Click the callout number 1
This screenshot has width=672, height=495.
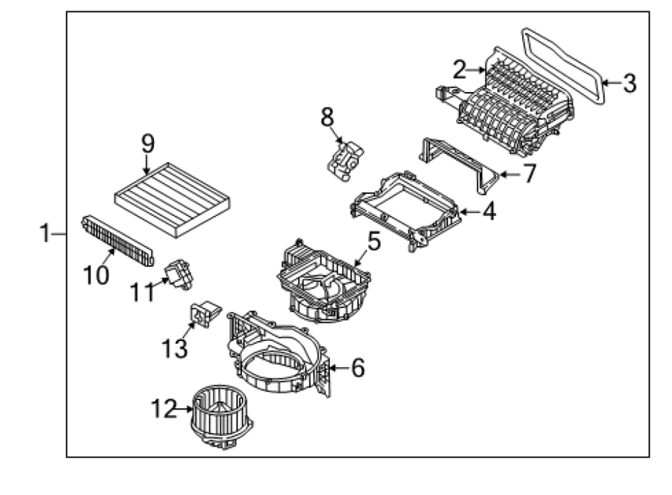45,233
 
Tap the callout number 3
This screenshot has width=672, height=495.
629,83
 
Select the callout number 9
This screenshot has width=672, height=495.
148,144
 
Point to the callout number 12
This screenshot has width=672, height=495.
164,408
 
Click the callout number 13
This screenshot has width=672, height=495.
175,348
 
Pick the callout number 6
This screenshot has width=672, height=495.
358,367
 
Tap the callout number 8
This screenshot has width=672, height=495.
327,117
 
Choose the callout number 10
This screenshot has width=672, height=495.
96,274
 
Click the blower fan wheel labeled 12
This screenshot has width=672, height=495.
222,416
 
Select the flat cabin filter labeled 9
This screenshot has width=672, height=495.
172,200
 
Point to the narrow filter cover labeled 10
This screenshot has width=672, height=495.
117,241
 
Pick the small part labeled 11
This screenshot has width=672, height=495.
179,274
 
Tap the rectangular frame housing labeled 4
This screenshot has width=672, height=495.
405,210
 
